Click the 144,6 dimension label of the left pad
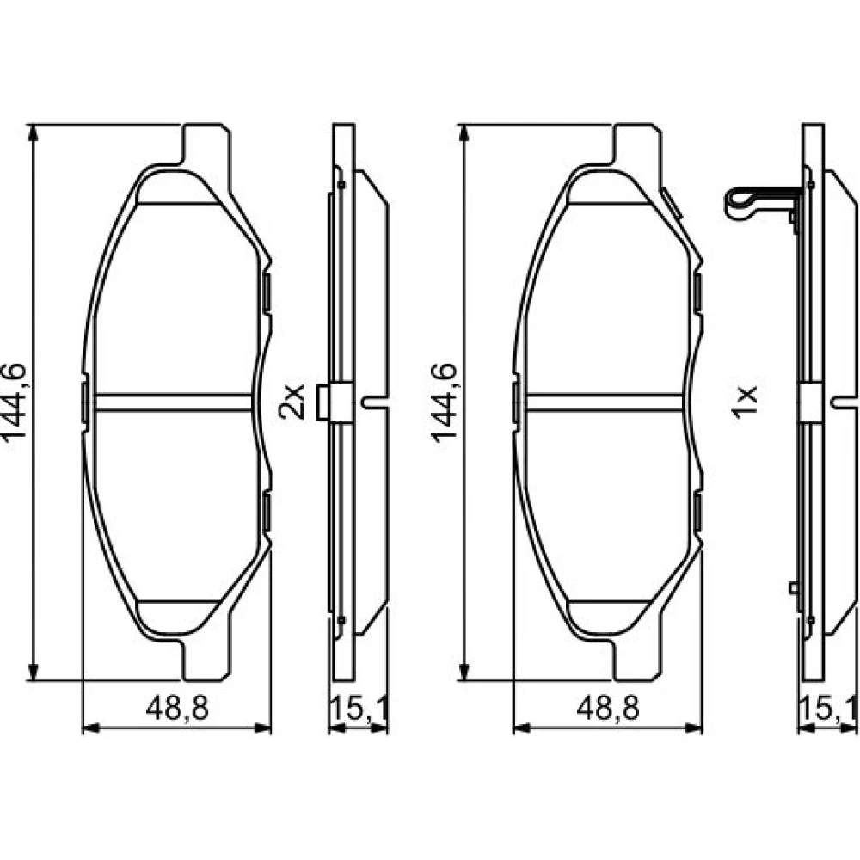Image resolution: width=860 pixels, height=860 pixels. click(x=15, y=402)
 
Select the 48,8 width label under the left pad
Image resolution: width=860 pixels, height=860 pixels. click(x=177, y=709)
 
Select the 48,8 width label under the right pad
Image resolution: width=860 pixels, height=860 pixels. click(x=608, y=709)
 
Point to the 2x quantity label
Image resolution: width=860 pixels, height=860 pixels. click(x=292, y=402)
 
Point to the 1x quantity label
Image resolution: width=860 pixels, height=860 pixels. click(x=745, y=402)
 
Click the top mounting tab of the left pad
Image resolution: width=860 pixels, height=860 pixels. click(x=206, y=144)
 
